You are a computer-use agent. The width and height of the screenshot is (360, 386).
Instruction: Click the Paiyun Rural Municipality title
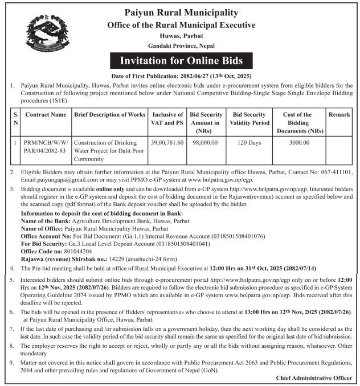pos(181,12)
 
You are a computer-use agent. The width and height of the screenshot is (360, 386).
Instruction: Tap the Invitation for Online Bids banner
pos(181,60)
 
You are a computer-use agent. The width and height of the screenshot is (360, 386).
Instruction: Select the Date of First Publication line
pos(181,76)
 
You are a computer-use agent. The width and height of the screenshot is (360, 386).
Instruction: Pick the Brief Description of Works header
pos(109,114)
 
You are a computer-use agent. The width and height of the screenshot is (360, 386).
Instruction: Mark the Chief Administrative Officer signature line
pos(314,378)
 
